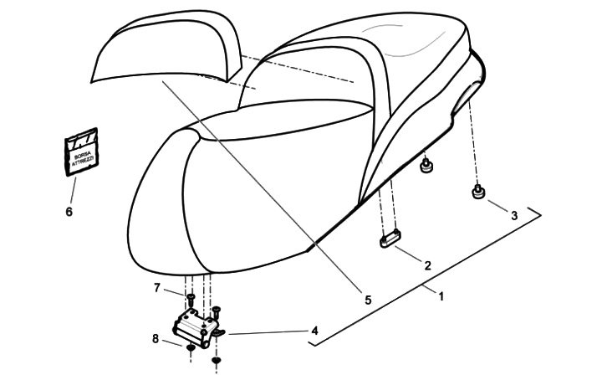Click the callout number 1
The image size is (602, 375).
(441, 295)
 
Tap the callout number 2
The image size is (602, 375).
(427, 265)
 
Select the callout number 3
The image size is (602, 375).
(514, 215)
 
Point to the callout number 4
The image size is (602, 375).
(314, 331)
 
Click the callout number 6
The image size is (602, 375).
(69, 212)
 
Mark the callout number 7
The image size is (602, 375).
(156, 288)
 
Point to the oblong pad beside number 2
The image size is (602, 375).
(390, 241)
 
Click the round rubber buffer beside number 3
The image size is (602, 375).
(480, 194)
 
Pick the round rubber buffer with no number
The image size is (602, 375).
(427, 166)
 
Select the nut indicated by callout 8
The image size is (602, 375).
(191, 347)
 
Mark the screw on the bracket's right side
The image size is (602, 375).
(217, 312)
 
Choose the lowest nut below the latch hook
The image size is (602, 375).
(217, 361)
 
